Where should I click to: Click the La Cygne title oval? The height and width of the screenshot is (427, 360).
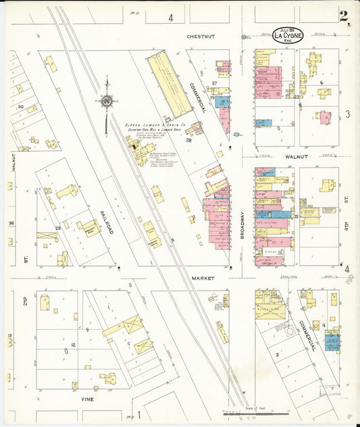click(288, 35)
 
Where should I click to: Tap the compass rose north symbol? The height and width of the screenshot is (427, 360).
click(107, 102)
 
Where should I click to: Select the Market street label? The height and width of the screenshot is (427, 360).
click(201, 278)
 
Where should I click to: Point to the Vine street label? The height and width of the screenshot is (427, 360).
click(88, 399)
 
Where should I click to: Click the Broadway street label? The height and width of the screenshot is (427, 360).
click(241, 222)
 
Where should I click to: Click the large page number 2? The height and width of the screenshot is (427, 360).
click(344, 16)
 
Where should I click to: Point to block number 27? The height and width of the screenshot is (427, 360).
click(213, 83)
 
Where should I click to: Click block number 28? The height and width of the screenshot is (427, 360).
click(189, 141)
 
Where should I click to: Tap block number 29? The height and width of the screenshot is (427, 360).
click(58, 230)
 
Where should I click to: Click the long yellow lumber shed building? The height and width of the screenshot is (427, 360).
click(170, 84)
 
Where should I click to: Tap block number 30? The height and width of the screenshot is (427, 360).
click(21, 106)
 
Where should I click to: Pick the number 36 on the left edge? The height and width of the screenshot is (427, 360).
click(11, 224)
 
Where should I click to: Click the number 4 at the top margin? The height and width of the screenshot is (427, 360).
click(171, 18)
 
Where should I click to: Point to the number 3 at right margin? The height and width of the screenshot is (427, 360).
click(348, 114)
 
